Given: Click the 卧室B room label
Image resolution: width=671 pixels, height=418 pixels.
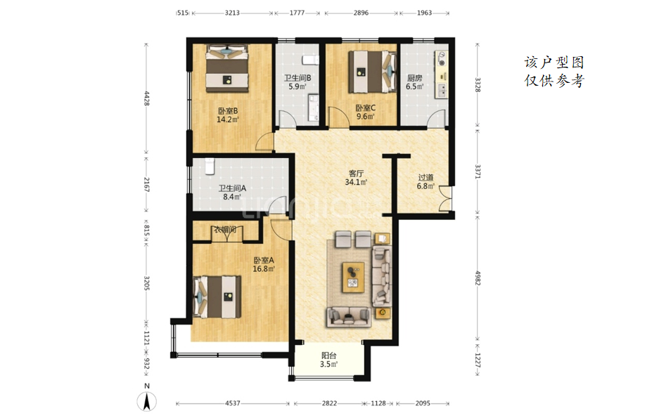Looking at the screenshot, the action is [228, 111].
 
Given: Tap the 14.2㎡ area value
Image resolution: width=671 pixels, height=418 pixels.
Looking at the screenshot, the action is [227, 119].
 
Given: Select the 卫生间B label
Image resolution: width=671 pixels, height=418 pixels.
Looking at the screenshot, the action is [298, 78].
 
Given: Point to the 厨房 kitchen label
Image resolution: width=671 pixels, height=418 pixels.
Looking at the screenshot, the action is [414, 78].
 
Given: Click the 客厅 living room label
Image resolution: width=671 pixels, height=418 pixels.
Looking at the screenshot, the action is [356, 174].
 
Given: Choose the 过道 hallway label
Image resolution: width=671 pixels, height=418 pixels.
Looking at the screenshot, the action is [426, 177].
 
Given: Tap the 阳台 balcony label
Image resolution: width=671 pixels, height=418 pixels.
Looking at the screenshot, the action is [328, 355].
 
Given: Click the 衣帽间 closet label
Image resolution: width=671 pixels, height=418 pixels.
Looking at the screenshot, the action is [225, 230].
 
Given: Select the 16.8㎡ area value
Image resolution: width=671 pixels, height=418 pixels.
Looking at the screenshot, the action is [264, 269].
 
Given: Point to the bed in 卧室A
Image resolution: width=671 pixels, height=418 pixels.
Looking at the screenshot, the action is [217, 297].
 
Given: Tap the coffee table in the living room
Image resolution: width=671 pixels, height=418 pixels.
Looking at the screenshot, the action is [353, 277].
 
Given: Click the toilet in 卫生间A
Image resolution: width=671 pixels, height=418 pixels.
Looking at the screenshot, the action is [210, 166].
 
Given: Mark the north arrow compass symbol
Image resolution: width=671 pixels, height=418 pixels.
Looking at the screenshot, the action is [146, 401].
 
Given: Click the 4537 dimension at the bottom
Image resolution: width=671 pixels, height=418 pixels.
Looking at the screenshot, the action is [233, 403].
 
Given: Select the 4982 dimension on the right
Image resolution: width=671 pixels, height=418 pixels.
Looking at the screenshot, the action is [478, 278].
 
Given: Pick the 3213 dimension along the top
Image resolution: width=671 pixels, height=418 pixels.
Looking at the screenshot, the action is [232, 13].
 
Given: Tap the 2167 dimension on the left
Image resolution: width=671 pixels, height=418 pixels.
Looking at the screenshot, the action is [146, 185].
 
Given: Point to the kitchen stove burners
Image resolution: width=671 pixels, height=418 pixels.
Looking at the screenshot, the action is [441, 59].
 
